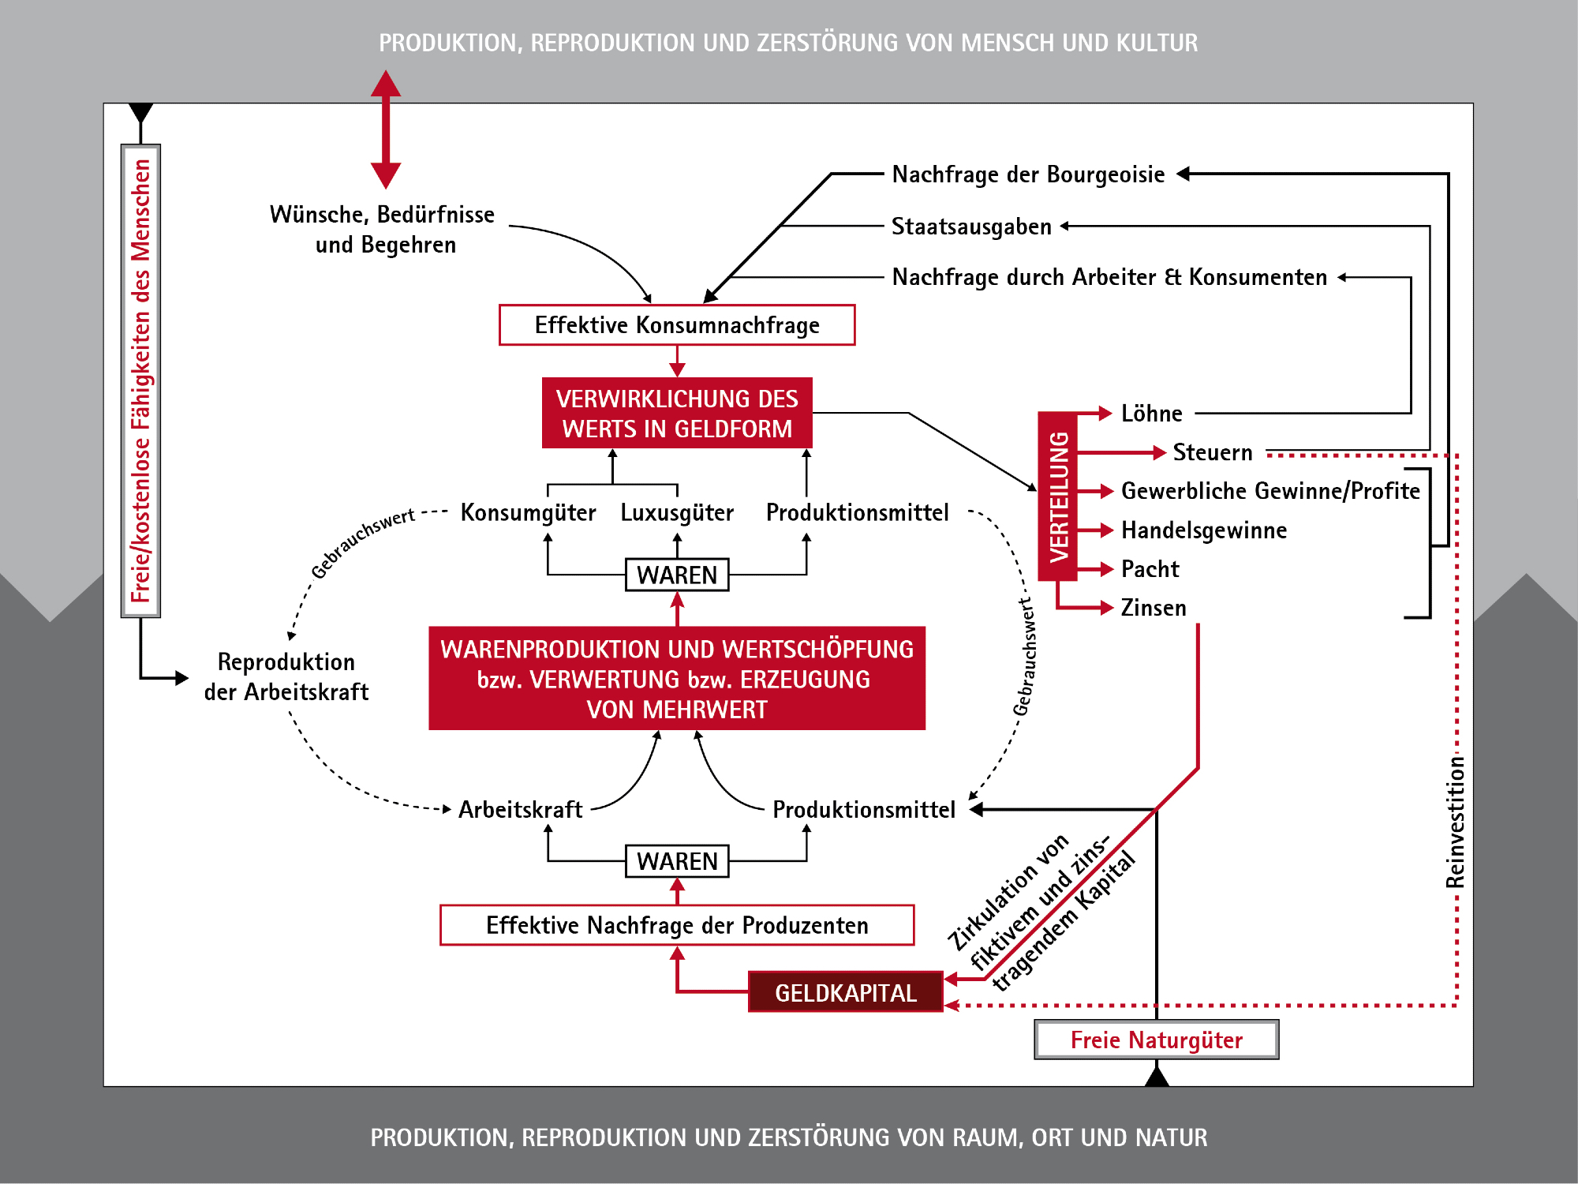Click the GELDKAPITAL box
[845, 992]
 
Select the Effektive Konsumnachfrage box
[677, 325]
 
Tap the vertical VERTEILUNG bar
[1058, 496]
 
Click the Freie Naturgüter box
[1156, 1040]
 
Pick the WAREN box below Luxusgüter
[677, 575]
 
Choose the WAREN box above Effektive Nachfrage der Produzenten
[677, 860]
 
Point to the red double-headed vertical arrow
[386, 129]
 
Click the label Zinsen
[1154, 608]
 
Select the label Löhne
[1151, 414]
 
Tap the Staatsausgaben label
[971, 227]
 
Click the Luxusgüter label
[677, 513]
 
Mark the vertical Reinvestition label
[1456, 821]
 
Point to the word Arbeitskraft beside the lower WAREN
[520, 810]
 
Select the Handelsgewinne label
[1204, 530]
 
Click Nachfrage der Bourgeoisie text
[1028, 174]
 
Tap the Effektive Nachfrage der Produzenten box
[677, 925]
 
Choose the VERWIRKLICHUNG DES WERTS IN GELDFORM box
[677, 414]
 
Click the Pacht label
[1150, 569]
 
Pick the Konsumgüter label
[528, 513]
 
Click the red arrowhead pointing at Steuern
[1159, 452]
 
